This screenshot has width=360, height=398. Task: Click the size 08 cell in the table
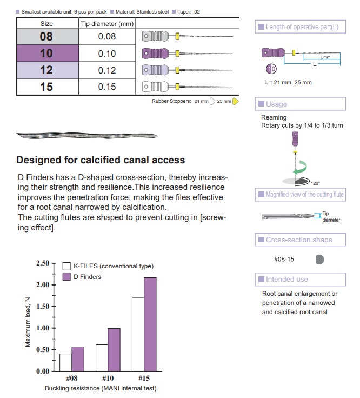point(47,37)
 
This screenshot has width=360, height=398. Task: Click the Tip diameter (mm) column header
point(107,23)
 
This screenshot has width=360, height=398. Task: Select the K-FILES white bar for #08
point(65,362)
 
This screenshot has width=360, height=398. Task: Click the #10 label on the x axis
point(107,378)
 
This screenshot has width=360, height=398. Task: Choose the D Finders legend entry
point(87,277)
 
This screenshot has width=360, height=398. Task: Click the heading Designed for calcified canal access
point(101,160)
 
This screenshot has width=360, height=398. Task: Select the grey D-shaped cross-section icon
point(319,260)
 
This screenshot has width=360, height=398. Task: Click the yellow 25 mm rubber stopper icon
point(236,101)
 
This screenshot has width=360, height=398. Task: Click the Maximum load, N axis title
point(28,322)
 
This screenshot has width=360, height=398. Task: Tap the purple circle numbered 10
point(272,69)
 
